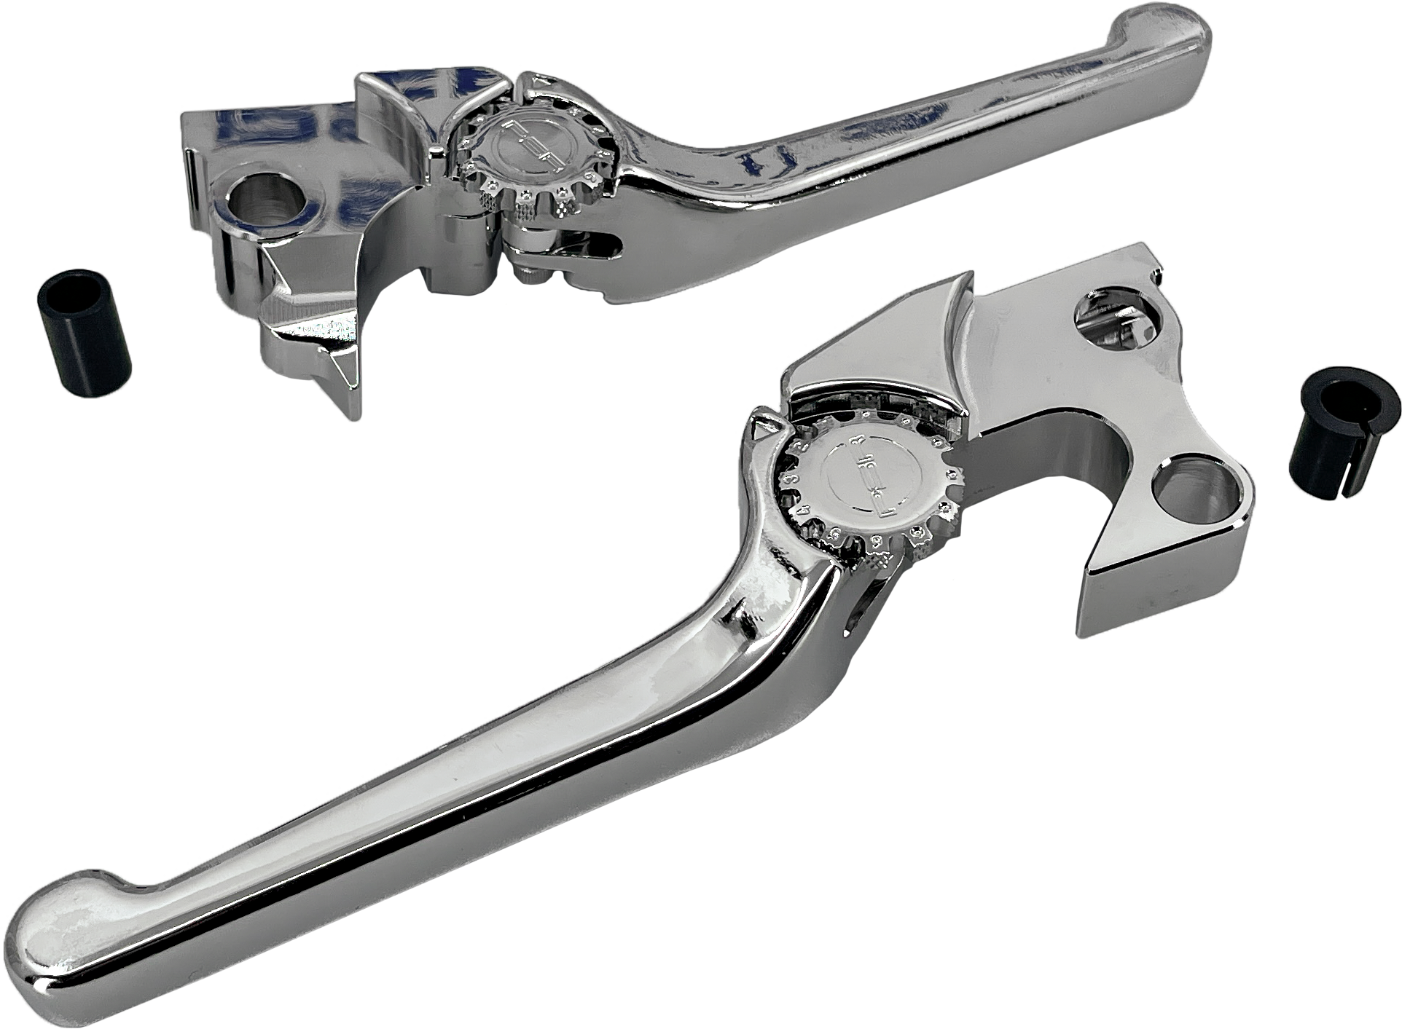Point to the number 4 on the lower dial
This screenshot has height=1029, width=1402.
(x=804, y=510)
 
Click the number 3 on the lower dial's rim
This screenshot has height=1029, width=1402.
(x=791, y=479)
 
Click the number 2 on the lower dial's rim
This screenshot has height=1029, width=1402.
(x=802, y=446)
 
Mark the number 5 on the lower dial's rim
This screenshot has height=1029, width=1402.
(x=834, y=533)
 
